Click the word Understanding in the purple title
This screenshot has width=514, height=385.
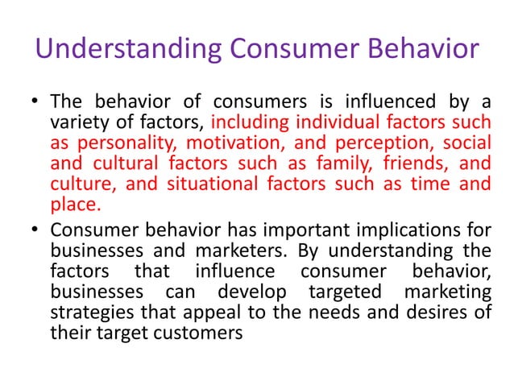click(117, 50)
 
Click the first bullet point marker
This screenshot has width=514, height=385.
click(35, 102)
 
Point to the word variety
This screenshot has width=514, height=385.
click(77, 122)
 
